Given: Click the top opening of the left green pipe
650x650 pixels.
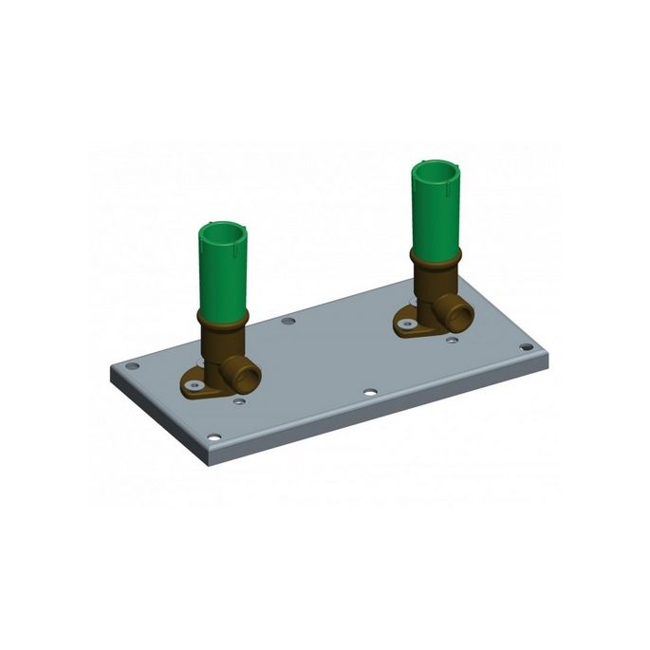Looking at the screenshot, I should pos(224,232).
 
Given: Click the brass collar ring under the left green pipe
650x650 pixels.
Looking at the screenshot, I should pos(223,319).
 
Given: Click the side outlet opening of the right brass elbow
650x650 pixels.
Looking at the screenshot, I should pos(460,316).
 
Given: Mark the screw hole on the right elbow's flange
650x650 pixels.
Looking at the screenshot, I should pos(407,325).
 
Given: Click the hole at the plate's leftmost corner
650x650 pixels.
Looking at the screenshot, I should pos(132,365).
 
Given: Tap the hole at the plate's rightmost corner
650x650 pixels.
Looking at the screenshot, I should pos(526,348).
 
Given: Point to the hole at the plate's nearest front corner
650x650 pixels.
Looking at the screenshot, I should pos(214,437).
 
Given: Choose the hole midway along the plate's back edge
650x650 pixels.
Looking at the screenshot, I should pos(288,321).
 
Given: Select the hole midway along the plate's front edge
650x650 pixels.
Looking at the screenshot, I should pos(370,392).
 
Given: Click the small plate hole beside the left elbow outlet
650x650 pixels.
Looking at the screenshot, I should pos(239,401).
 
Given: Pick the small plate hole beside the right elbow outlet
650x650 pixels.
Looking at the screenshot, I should pos(453,338).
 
